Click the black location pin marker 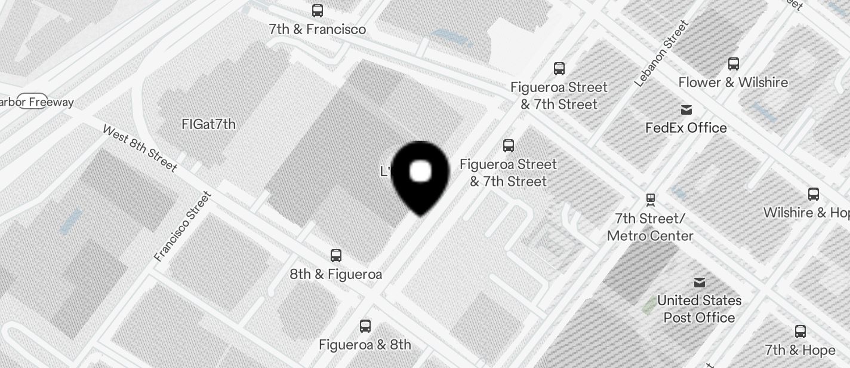pos(421,176)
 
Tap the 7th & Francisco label pos(317,29)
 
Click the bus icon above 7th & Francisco pos(318,10)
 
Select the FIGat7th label pos(208,124)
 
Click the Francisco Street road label pos(183,226)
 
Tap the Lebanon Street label pos(661,53)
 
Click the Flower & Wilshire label pos(733,82)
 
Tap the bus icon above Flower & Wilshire pos(734,63)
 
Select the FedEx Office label pos(686,128)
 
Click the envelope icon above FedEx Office pos(686,110)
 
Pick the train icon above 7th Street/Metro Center pos(651,198)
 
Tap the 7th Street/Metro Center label pos(650,227)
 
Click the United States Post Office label pos(699,309)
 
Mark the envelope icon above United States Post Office pos(699,282)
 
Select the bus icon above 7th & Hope pos(800,332)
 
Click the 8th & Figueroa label pos(335,275)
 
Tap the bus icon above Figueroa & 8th pos(365,326)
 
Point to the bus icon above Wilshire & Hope pos(813,194)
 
